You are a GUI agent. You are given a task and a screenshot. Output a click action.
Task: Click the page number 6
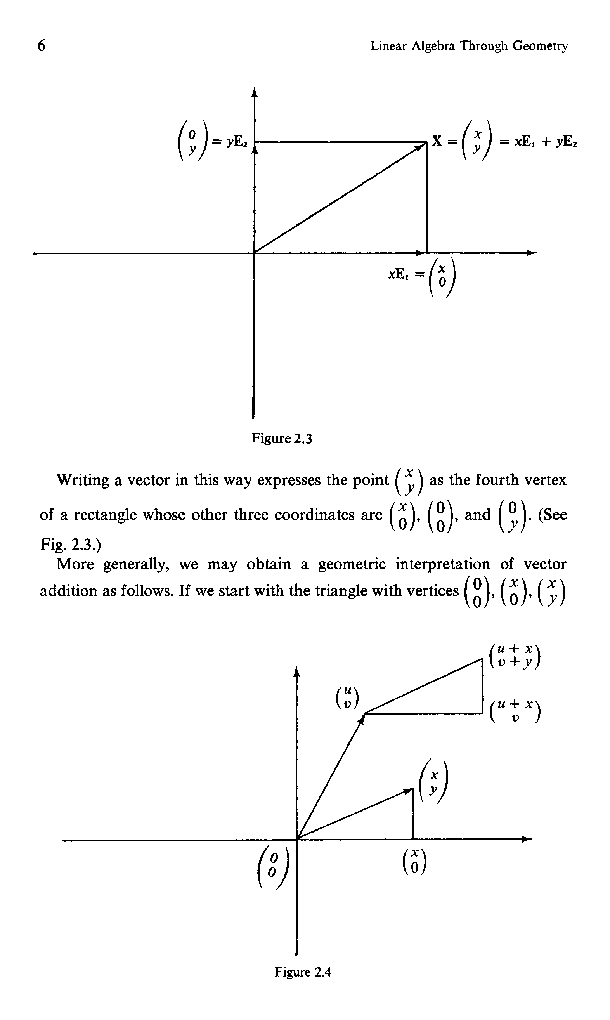(42, 45)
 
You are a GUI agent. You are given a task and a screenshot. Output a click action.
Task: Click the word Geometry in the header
(540, 46)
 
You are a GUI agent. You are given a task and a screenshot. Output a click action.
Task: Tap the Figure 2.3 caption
(282, 438)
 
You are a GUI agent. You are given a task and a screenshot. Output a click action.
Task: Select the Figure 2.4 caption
(303, 972)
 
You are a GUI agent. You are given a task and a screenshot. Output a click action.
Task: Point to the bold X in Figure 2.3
(437, 141)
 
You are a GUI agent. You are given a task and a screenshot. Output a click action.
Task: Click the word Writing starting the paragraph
(83, 480)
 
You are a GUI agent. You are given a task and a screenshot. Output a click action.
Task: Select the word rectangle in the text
(105, 515)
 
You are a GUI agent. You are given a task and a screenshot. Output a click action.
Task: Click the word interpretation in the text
(443, 564)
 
